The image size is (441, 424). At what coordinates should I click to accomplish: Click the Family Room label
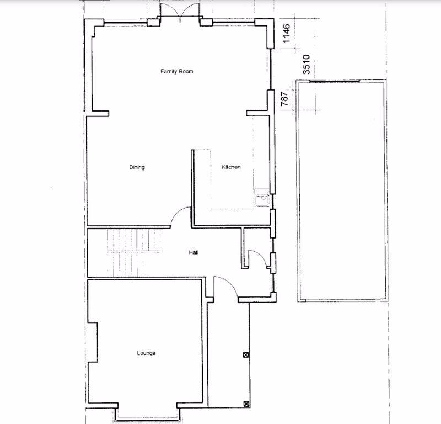coord(176,71)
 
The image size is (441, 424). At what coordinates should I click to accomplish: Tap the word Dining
coord(137,167)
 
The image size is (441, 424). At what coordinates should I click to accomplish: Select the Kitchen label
coord(231,167)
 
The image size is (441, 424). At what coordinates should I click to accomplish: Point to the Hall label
coord(193,252)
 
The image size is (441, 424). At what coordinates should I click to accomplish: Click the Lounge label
coord(146,353)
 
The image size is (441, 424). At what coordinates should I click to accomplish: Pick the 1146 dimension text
coord(286,34)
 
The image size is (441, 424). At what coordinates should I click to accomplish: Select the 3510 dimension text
coord(306,65)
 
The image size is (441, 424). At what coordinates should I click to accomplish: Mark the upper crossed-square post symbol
coord(246,354)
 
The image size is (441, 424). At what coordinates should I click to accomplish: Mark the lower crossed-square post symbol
coord(246,404)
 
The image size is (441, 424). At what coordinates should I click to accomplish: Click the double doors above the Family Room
coord(180,12)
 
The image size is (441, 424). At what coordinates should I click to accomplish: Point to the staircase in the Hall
coord(134,252)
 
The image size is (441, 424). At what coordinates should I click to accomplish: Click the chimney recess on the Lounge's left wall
coord(93,342)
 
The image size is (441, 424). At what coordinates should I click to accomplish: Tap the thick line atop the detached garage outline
coord(335,81)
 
